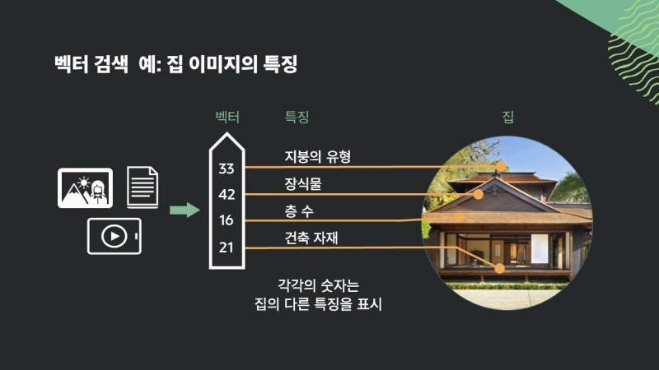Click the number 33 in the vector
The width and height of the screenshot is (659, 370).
point(227,169)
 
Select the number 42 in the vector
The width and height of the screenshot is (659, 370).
point(227,195)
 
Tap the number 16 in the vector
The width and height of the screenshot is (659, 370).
point(227,220)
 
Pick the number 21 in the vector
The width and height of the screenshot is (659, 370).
point(227,246)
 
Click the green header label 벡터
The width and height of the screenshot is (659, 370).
point(227,117)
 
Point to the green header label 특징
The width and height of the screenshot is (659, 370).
point(297,117)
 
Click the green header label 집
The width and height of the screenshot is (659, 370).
point(507,117)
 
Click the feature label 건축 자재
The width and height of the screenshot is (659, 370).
point(311,238)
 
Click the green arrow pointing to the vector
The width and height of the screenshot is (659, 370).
point(185,210)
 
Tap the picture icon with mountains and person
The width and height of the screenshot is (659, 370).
point(85,187)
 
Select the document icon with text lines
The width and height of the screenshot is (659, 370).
point(143,187)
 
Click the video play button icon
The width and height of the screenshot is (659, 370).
point(115,236)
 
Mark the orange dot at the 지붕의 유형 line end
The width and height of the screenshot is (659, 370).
point(500,166)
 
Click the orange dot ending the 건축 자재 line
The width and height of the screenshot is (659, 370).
point(499,267)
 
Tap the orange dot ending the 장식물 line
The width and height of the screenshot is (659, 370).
point(479,195)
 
